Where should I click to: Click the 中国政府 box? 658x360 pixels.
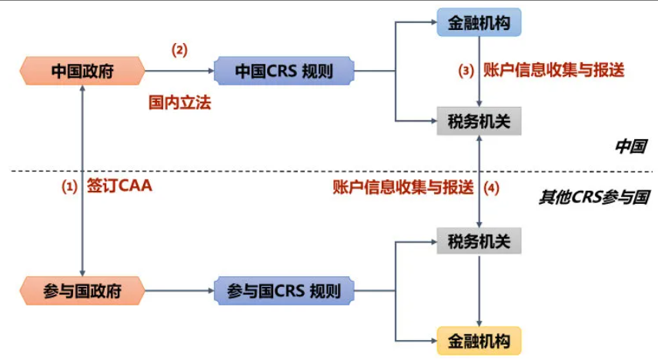pyautogui.click(x=82, y=72)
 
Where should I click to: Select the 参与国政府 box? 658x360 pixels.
pyautogui.click(x=82, y=292)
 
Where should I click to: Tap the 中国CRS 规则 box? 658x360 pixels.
pyautogui.click(x=284, y=72)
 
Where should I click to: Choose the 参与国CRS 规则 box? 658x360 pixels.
pyautogui.click(x=284, y=292)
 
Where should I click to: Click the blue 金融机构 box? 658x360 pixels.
pyautogui.click(x=479, y=22)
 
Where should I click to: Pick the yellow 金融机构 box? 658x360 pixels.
pyautogui.click(x=479, y=339)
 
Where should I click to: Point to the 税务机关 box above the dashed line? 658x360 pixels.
pyautogui.click(x=479, y=121)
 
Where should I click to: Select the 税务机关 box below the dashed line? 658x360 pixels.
pyautogui.click(x=479, y=242)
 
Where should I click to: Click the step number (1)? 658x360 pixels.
pyautogui.click(x=70, y=186)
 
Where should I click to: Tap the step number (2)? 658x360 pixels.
pyautogui.click(x=179, y=50)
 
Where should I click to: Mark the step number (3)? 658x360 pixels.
pyautogui.click(x=466, y=71)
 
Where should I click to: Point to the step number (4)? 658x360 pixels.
pyautogui.click(x=490, y=187)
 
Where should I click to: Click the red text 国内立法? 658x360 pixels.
pyautogui.click(x=179, y=102)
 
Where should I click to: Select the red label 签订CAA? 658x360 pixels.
pyautogui.click(x=119, y=186)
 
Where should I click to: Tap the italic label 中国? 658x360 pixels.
pyautogui.click(x=630, y=146)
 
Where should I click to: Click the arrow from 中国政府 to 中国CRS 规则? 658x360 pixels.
pyautogui.click(x=179, y=72)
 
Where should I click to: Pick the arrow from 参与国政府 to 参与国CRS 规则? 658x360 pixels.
pyautogui.click(x=179, y=292)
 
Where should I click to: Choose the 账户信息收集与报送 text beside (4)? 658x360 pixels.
pyautogui.click(x=402, y=187)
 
